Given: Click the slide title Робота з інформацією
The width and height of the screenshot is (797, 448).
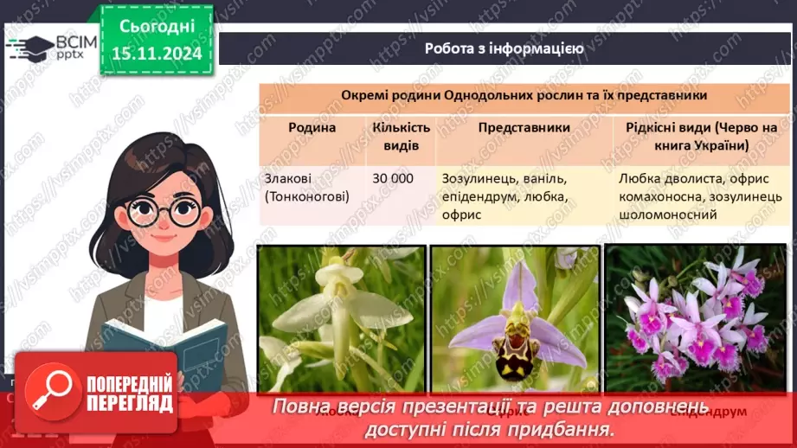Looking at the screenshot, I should (504, 48).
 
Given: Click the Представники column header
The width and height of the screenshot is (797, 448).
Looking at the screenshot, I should (524, 128).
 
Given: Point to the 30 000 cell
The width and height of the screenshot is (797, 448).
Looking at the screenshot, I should (393, 179).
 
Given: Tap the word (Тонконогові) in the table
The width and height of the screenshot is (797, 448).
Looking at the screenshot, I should (307, 196).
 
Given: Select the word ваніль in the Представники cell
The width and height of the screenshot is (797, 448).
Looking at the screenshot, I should (543, 179).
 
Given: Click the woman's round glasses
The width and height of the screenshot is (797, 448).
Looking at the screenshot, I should (164, 211).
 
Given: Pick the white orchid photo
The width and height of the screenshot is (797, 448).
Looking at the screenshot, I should (341, 320).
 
